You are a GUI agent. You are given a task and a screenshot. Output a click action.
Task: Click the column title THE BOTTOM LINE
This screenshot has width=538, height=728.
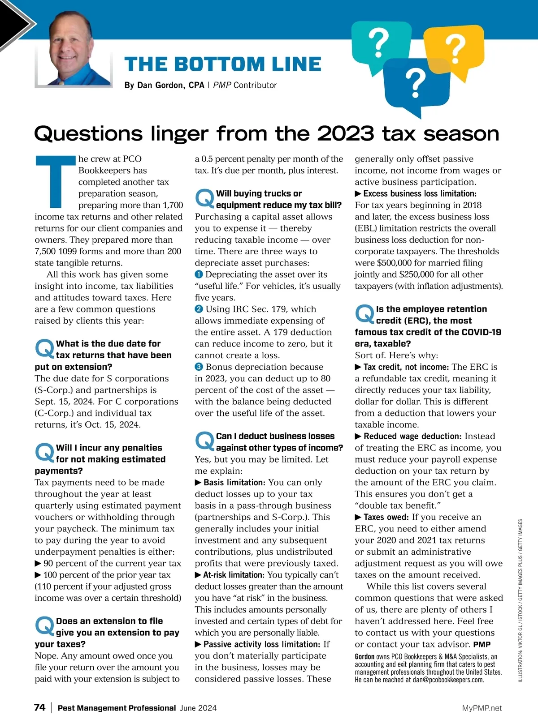(x=222, y=64)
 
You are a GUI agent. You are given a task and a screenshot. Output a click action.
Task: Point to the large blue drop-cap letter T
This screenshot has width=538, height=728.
(x=55, y=182)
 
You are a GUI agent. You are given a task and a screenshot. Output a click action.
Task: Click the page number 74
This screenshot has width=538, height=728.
(x=39, y=707)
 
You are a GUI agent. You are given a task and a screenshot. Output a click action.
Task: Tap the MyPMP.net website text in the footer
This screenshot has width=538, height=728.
(x=482, y=708)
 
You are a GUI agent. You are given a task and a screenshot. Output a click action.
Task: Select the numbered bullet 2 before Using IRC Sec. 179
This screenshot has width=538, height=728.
(x=199, y=309)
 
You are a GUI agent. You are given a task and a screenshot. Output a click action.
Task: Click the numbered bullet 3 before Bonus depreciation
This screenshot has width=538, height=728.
(x=199, y=367)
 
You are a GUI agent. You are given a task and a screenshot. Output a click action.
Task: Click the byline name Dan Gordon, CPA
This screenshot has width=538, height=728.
(x=164, y=85)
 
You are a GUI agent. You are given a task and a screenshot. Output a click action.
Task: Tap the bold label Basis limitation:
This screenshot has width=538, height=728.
(x=234, y=482)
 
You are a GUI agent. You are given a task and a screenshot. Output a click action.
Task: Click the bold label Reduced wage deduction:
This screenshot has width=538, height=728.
(x=412, y=436)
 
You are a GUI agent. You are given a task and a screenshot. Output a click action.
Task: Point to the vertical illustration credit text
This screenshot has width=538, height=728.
(x=520, y=600)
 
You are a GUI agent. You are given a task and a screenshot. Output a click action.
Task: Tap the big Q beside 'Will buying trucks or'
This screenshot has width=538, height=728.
(x=204, y=198)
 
